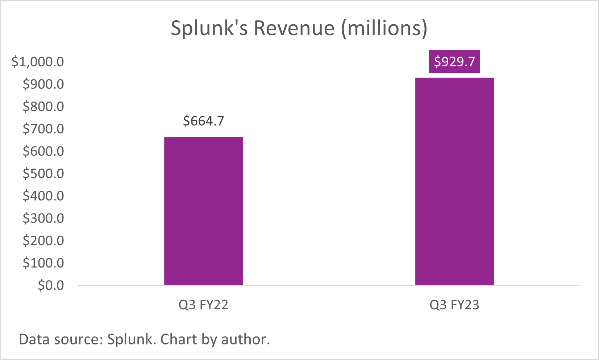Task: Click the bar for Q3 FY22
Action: click(203, 211)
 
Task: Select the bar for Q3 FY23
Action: click(454, 181)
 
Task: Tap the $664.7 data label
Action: click(203, 121)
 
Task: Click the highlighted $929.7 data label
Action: click(454, 61)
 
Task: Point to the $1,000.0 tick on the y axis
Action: click(38, 62)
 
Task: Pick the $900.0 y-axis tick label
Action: click(43, 84)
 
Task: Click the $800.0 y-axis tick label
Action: click(43, 107)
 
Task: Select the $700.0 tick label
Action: click(43, 129)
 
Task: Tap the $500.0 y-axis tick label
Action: click(43, 173)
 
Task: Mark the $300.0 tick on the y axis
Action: click(43, 218)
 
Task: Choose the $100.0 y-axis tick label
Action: click(43, 263)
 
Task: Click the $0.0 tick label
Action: click(51, 285)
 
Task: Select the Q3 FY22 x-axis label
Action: click(203, 305)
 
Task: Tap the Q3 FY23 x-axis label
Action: click(454, 305)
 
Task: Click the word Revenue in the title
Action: click(294, 28)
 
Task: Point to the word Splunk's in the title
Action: click(209, 28)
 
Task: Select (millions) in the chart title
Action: click(384, 28)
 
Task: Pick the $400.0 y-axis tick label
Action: click(43, 196)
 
